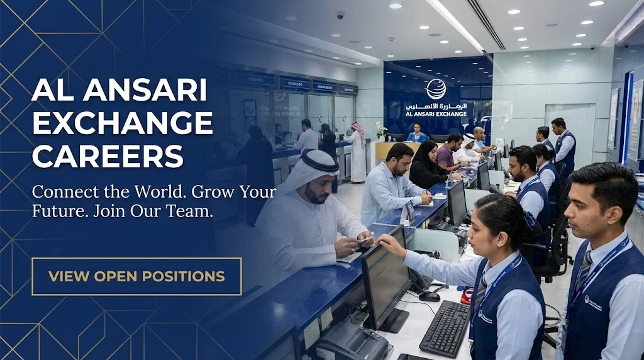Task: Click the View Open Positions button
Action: (x=136, y=276)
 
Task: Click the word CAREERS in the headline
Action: (x=108, y=155)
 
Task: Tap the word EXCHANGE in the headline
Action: (x=123, y=122)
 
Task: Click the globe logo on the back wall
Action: (x=435, y=89)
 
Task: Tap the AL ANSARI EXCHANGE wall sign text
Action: (x=436, y=114)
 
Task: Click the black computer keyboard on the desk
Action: (x=444, y=328)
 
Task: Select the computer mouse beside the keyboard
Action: (x=430, y=296)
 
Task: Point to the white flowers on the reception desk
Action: (x=380, y=128)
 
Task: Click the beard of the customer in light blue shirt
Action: (x=404, y=171)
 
